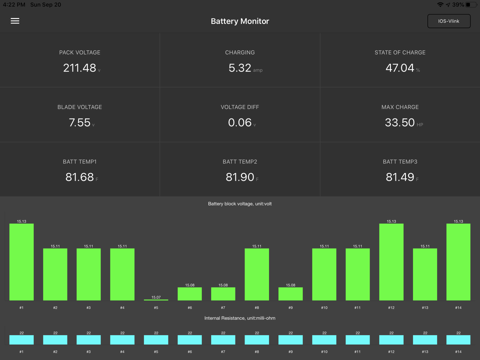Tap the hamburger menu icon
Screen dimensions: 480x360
pos(15,21)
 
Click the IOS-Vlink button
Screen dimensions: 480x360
pos(449,21)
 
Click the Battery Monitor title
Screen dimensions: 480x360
pos(240,21)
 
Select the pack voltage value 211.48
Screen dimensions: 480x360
pos(79,67)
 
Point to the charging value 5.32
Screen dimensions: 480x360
pos(239,67)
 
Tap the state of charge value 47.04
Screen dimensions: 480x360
pos(400,67)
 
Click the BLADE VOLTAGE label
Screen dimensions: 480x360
pos(79,107)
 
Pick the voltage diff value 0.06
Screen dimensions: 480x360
pos(239,122)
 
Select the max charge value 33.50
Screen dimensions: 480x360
pos(400,122)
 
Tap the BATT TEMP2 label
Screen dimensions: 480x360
pos(239,161)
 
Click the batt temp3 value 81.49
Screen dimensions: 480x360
pos(400,177)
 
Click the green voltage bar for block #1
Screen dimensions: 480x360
pos(21,262)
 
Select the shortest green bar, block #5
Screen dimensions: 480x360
pos(156,300)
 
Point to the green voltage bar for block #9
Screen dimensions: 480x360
pos(290,294)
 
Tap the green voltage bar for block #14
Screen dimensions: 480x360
pos(458,262)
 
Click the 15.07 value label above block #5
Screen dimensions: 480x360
pos(156,297)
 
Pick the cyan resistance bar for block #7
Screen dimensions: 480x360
pos(223,340)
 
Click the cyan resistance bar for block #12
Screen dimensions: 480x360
pos(391,340)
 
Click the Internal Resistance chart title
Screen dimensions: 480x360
pos(239,318)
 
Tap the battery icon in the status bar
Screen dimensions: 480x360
pos(471,4)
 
